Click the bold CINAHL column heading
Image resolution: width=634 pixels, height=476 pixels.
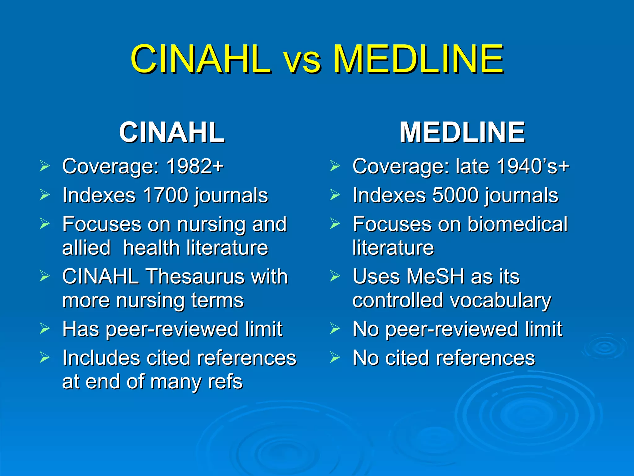pos(172,132)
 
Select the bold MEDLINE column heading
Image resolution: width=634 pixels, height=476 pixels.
pos(462,132)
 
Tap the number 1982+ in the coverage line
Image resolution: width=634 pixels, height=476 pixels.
pos(195,166)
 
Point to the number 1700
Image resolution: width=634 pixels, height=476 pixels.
pos(166,195)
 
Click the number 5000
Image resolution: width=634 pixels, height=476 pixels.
pos(455,195)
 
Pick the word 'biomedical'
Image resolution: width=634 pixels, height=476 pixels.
pos(517,224)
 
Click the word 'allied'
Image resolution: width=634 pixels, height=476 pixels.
pos(86,248)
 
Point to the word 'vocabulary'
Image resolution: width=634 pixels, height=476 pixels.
pos(497,301)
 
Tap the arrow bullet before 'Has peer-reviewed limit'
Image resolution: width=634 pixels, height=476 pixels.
pos(45,329)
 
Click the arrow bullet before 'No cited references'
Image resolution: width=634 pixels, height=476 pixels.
pos(335,358)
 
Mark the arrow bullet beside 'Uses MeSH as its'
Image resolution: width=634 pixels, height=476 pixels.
pos(335,276)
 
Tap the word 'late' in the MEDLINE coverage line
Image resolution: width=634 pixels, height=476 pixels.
pos(473,166)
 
